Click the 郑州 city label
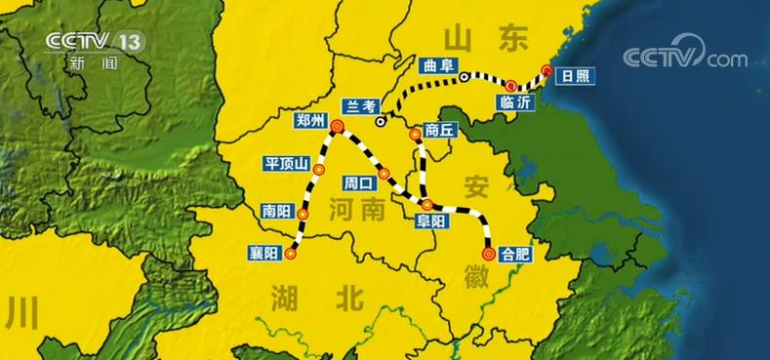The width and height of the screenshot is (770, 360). (311, 121)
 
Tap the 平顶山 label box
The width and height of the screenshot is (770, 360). (285, 163)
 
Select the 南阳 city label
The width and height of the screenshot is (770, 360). (274, 209)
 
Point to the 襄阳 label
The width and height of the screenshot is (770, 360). (263, 253)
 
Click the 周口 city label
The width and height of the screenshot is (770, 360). (358, 182)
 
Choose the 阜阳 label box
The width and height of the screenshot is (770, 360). (431, 221)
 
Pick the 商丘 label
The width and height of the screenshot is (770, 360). (440, 130)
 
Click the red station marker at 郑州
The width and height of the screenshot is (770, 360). (337, 126)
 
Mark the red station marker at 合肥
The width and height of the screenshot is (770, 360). (488, 253)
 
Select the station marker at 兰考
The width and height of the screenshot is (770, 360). (381, 122)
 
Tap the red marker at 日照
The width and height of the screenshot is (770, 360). (547, 71)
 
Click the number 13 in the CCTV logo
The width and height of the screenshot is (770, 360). (128, 41)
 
